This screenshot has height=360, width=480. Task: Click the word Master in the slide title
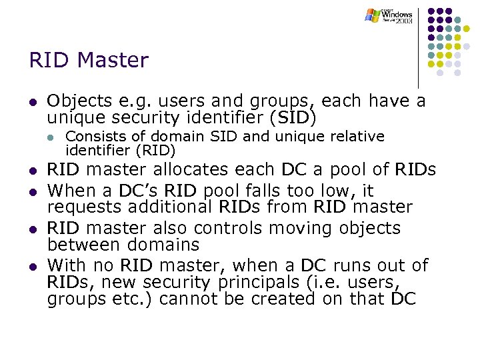click(113, 61)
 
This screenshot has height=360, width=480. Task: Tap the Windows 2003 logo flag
click(373, 15)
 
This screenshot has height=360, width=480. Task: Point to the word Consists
click(93, 137)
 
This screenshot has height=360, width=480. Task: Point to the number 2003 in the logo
click(404, 21)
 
